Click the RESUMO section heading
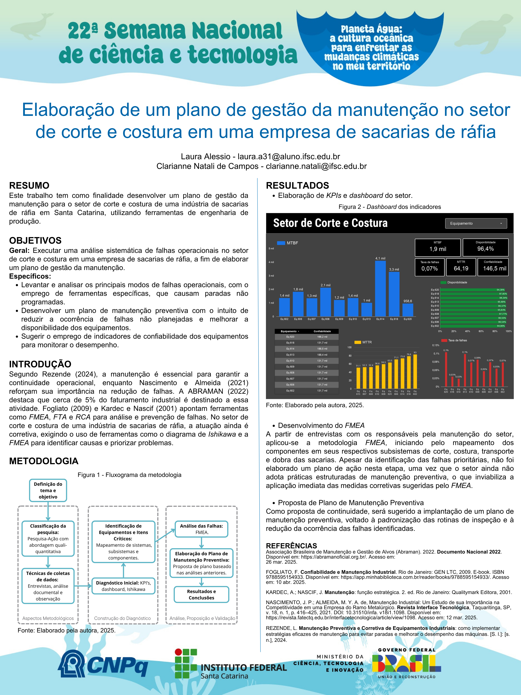tap(29, 185)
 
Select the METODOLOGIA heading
tap(44, 461)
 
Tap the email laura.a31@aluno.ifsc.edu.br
tap(289, 156)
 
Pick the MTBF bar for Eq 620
tap(408, 310)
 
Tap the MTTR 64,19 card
tap(461, 267)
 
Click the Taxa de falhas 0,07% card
tap(430, 267)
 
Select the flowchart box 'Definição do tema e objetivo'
tap(48, 490)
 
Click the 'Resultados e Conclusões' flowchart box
tap(201, 594)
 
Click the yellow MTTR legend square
tap(357, 342)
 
